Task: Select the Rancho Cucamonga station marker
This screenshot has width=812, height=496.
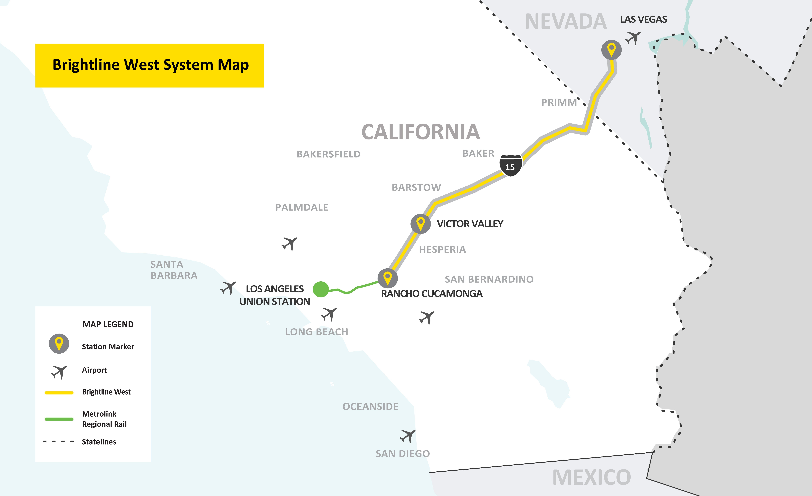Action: coord(388,278)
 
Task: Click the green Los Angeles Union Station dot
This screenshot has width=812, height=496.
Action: coord(321,290)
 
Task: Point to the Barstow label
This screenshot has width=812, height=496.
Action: coord(416,187)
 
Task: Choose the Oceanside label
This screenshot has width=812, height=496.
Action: coord(370,406)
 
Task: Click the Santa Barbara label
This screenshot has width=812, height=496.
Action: coord(174,270)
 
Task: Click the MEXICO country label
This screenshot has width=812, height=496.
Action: coord(592,477)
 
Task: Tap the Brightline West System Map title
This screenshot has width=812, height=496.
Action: coord(150,65)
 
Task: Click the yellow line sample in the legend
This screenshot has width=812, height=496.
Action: coord(59,392)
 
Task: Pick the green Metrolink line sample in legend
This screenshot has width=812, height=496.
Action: coord(59,419)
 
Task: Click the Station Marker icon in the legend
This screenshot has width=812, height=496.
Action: coord(59,344)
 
